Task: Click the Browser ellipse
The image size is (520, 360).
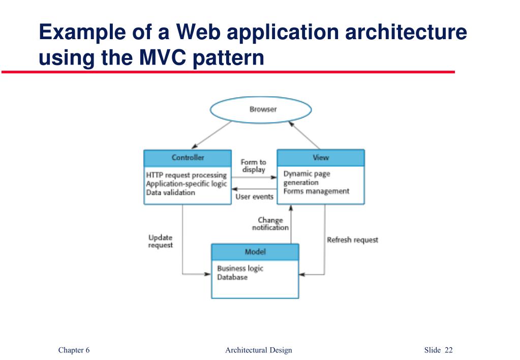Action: click(261, 110)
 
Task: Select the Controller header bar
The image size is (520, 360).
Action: click(188, 158)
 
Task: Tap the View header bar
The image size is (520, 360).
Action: click(320, 158)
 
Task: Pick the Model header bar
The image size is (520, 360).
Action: click(255, 252)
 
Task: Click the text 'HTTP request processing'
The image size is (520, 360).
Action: click(186, 175)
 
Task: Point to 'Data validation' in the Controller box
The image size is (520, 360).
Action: click(170, 193)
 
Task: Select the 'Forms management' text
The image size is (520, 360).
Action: click(316, 192)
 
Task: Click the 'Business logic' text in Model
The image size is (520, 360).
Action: click(240, 268)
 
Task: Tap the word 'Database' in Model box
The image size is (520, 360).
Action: click(232, 278)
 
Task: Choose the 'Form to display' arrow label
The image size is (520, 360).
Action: click(254, 166)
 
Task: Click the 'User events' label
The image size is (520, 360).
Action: click(254, 197)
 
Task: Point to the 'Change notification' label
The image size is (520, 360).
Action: click(270, 224)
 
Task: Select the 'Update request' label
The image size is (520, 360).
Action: click(161, 241)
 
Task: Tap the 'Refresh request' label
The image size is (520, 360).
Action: click(352, 240)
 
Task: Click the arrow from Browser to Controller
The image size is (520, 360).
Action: click(210, 135)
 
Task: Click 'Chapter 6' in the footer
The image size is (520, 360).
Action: click(74, 350)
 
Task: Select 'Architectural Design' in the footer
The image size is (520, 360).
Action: click(259, 350)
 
